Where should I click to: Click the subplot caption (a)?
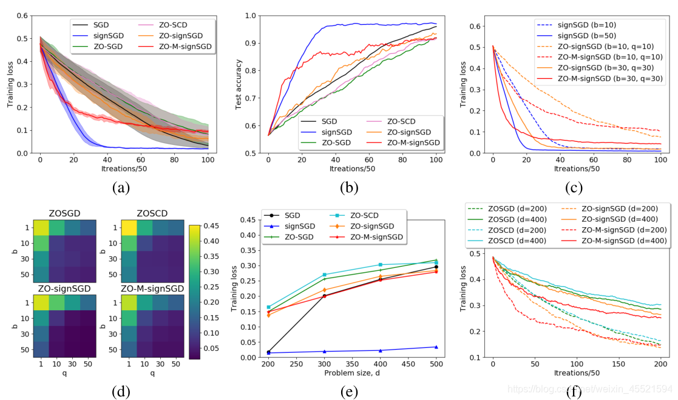[120, 188]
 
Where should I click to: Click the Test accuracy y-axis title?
[239, 81]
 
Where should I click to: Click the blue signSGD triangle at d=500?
[436, 347]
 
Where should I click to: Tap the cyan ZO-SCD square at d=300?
[325, 275]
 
